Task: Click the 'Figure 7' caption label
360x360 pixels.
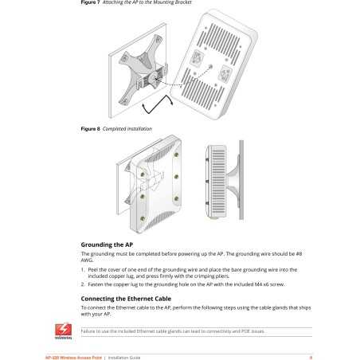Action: tap(90, 2)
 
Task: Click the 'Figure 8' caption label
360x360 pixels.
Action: tap(90, 128)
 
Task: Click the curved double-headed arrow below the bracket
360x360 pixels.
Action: tap(156, 103)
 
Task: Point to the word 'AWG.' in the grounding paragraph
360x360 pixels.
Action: tap(88, 260)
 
